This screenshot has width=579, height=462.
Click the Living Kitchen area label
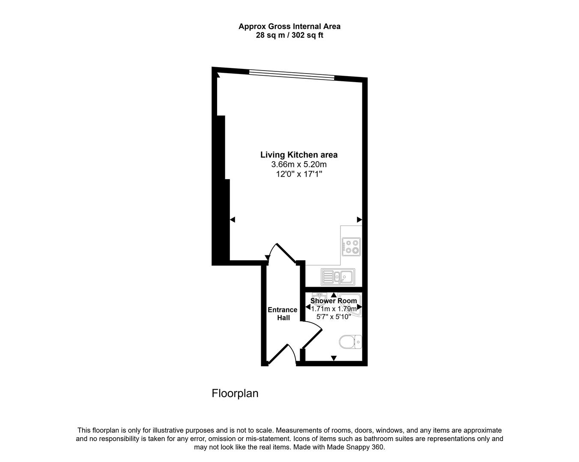point(298,155)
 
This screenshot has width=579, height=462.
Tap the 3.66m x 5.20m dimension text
point(298,164)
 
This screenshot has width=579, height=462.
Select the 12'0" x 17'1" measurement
point(299,174)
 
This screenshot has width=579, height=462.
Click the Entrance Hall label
point(283,314)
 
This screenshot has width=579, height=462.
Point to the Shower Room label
point(334,301)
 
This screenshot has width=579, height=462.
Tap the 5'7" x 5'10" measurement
point(334,317)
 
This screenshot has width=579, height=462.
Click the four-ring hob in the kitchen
point(351,246)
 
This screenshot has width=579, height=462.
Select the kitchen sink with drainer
point(337,277)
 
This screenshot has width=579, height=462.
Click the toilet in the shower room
point(350,342)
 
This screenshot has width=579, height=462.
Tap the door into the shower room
point(312,335)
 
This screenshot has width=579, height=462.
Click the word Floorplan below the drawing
point(235,393)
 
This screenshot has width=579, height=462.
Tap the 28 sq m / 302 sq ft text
point(289,35)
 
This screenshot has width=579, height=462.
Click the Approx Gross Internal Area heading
point(289,27)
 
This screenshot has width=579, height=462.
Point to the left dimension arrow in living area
point(233,219)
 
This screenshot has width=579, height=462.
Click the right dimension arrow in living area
point(359,219)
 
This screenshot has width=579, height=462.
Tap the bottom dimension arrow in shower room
point(334,358)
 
